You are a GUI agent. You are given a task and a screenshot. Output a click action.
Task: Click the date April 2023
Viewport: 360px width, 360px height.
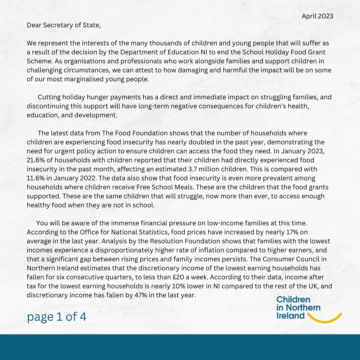(x=317, y=16)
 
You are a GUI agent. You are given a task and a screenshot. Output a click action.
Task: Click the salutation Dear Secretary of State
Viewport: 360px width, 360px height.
(x=64, y=25)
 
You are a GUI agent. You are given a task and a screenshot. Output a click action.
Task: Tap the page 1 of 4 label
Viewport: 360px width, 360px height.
(x=57, y=317)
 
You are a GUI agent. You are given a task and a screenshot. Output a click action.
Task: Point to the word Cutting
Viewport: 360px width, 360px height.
(x=49, y=97)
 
